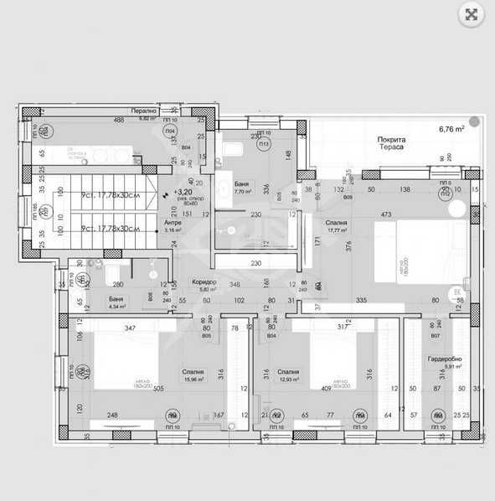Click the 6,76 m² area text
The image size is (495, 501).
pos(452,129)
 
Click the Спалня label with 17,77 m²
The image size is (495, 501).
pos(338,221)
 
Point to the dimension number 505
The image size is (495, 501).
pos(159,388)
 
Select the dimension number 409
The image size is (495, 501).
pos(325,388)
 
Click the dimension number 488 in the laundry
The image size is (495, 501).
pos(118,121)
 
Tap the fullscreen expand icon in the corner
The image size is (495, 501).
pos(472,13)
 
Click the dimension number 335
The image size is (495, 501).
pos(362,299)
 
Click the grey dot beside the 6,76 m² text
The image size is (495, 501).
pos(474,122)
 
